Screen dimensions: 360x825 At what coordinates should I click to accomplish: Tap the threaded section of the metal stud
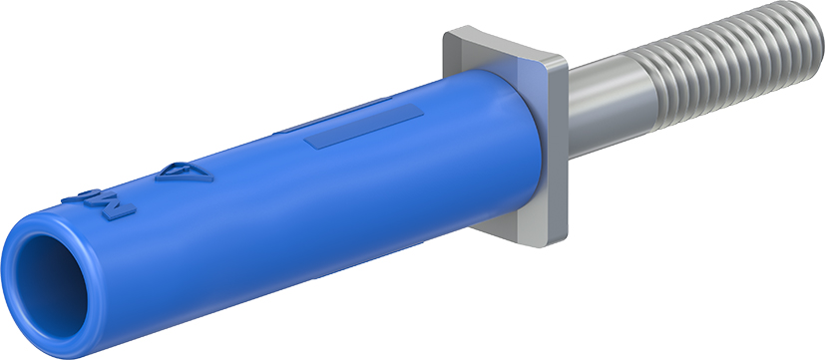click(728, 60)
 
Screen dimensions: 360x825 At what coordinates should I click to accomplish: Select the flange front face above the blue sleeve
click(499, 55)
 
